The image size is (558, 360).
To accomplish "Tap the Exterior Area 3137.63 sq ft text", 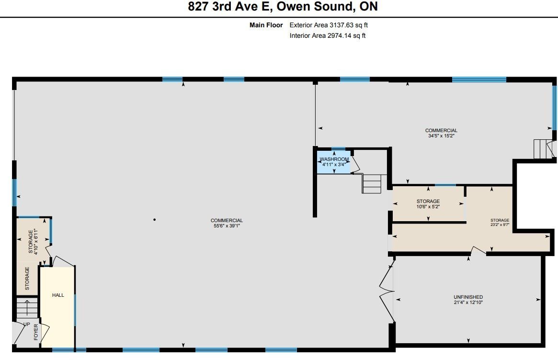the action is pos(329,25).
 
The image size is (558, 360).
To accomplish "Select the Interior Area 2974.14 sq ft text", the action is pos(328,35).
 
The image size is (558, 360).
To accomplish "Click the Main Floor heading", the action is pos(266,25).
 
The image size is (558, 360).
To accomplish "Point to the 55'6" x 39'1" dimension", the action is pos(227,226).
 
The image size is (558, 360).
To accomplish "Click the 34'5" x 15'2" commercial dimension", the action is pos(441,136).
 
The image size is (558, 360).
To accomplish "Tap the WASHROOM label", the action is pos(334,159).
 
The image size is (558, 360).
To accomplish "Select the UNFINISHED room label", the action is pos(468,297).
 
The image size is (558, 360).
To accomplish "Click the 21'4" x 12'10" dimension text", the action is pos(468,303).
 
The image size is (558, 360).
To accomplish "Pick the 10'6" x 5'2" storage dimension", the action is pos(428,207).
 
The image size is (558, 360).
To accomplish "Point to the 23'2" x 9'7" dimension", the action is pos(500,225).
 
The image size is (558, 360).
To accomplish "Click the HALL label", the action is pos(58,295).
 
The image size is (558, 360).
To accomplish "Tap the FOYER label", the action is pos(36,332).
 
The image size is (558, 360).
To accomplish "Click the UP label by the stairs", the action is pos(27,324).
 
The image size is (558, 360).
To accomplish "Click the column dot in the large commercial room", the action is pos(154,219).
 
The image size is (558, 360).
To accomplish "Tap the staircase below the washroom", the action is pos(372,183).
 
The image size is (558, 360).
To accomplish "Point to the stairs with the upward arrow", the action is pos(27,308).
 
